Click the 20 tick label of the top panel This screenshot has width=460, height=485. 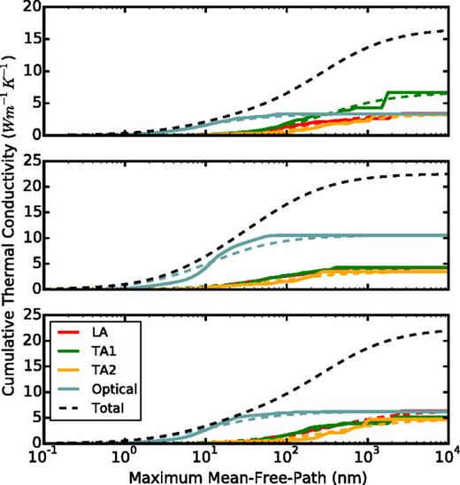(x=34, y=8)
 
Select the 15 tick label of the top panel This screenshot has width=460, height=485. (x=34, y=40)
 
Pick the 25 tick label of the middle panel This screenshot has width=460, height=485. (x=34, y=161)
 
